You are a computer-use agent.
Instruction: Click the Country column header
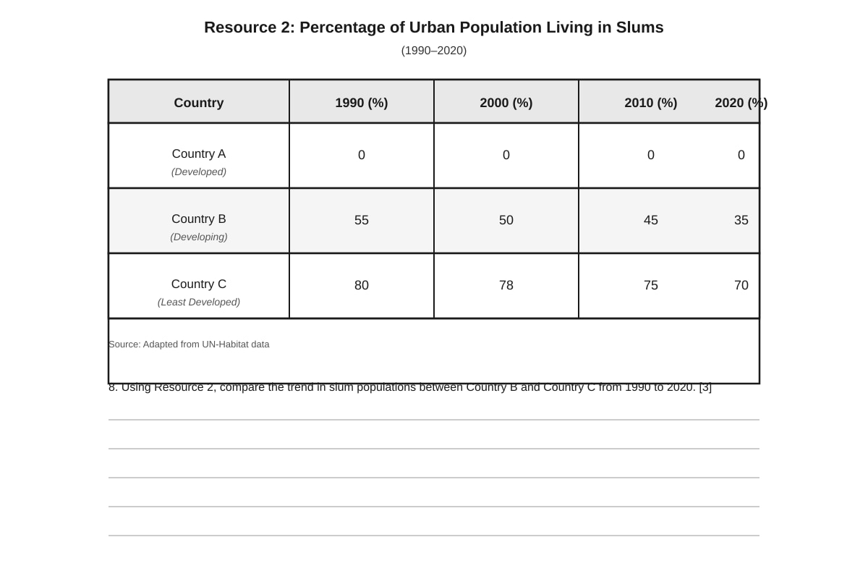198,103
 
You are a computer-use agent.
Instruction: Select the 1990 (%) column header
361,103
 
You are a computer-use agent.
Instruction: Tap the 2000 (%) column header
506,103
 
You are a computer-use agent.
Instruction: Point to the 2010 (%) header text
650,103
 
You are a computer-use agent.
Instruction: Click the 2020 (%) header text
741,103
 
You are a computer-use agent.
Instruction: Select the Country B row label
198,219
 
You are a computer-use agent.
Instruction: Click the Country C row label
198,284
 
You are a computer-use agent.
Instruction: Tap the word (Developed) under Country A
198,172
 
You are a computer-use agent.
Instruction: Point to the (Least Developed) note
198,302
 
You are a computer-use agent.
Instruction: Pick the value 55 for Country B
361,220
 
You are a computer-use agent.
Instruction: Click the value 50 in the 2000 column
506,220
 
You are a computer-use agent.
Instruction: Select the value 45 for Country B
650,220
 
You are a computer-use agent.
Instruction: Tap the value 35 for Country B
741,220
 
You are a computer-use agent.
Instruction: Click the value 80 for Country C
361,285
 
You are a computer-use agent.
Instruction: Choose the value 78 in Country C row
506,285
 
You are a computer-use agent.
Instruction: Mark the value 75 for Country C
650,285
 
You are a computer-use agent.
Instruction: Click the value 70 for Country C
741,285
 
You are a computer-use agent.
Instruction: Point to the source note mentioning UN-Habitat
189,345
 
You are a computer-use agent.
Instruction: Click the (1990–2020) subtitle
433,51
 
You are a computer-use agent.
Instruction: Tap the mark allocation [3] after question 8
705,387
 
